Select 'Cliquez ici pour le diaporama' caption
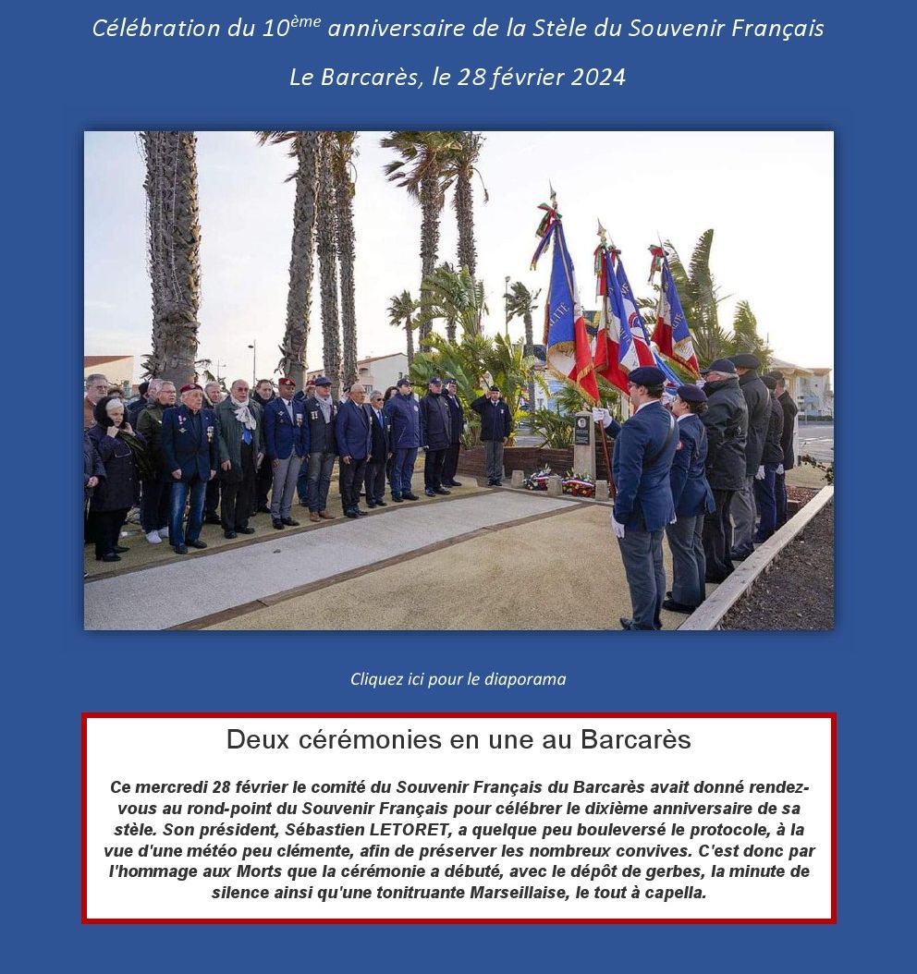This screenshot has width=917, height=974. click(x=458, y=679)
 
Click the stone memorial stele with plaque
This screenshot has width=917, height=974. click(x=583, y=444)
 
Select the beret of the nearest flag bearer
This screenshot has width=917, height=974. click(x=646, y=375)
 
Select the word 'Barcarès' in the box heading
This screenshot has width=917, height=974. click(x=636, y=740)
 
